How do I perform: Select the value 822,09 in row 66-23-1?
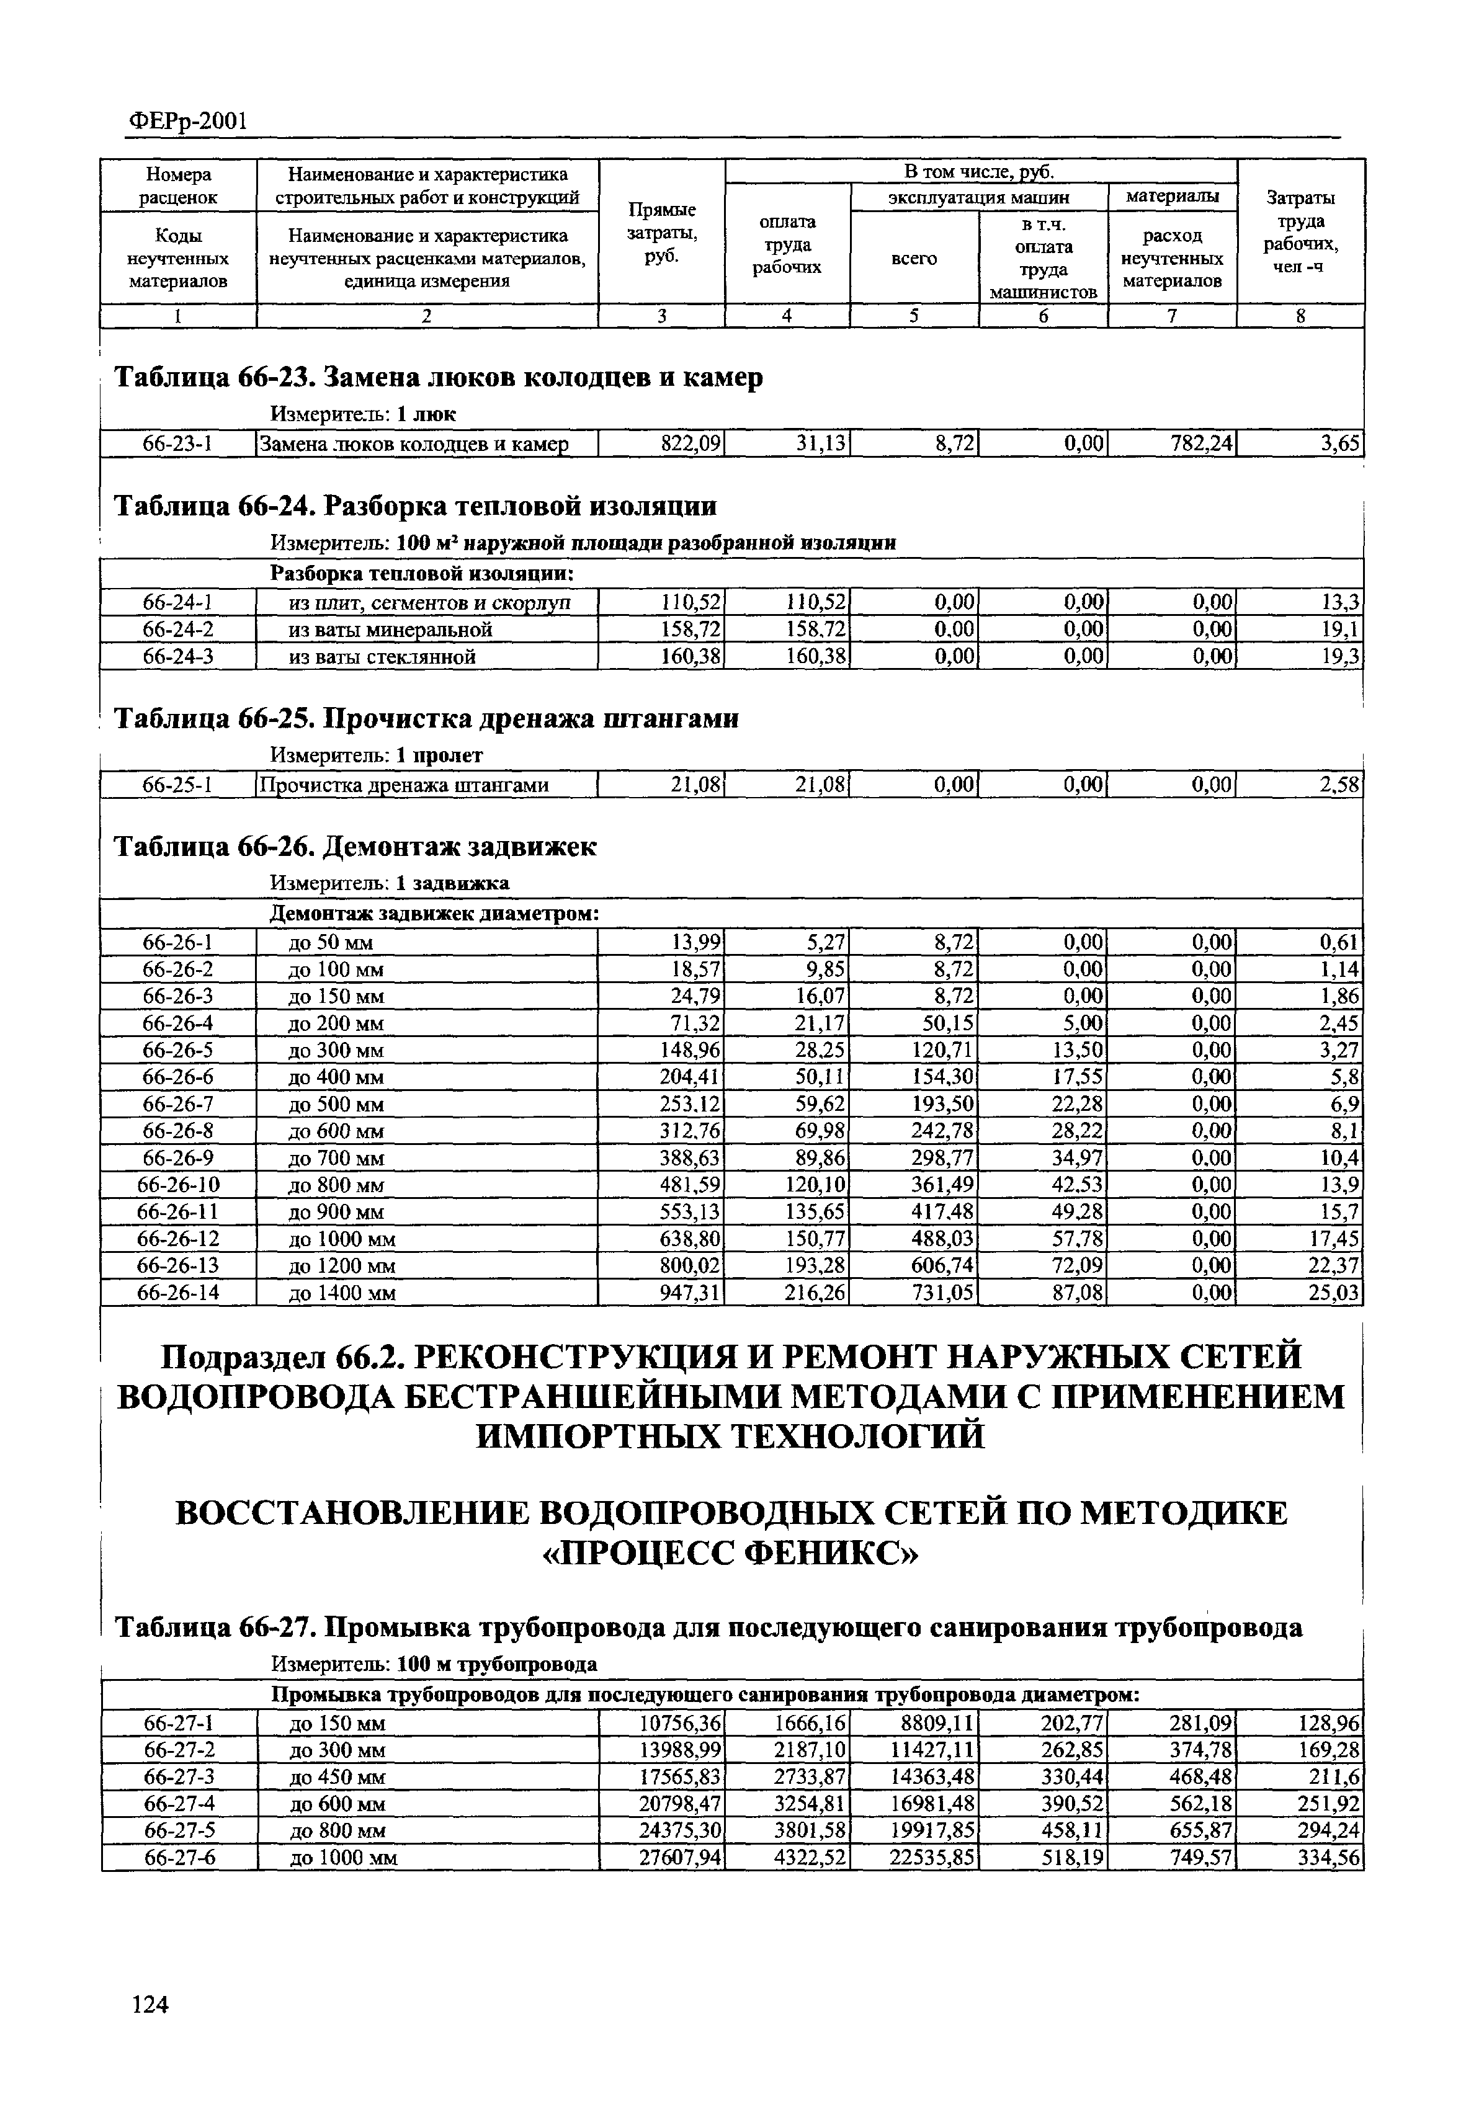[692, 445]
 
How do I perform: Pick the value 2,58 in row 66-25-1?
[1338, 785]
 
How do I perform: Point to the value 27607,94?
[681, 1859]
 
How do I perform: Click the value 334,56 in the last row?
[1328, 1859]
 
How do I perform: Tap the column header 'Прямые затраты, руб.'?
[661, 233]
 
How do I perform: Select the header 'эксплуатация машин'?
[978, 197]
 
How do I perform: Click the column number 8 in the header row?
[1300, 316]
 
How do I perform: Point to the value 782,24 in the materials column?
[1200, 445]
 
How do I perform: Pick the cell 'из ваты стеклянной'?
[382, 657]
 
